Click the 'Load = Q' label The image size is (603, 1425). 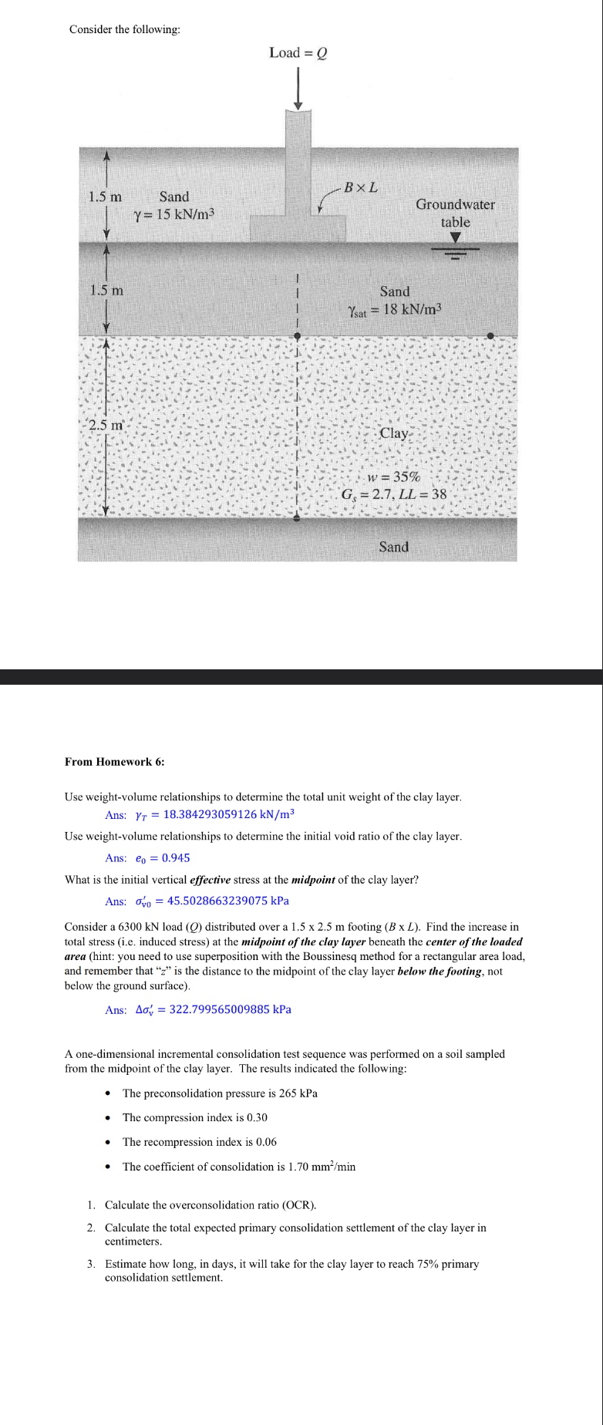click(298, 52)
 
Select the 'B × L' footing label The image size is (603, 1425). click(360, 187)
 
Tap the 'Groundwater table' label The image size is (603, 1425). click(455, 213)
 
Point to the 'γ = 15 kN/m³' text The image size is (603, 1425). click(173, 214)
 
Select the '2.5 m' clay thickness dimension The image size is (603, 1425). click(106, 425)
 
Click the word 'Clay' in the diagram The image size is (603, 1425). click(393, 433)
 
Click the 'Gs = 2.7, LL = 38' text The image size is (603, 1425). click(393, 494)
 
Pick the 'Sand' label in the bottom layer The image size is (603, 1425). click(393, 547)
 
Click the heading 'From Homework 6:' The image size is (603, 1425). click(114, 762)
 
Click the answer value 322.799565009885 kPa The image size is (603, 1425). click(230, 1009)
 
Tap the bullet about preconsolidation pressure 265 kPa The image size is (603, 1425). click(220, 1093)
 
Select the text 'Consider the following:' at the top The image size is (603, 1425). click(125, 29)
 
